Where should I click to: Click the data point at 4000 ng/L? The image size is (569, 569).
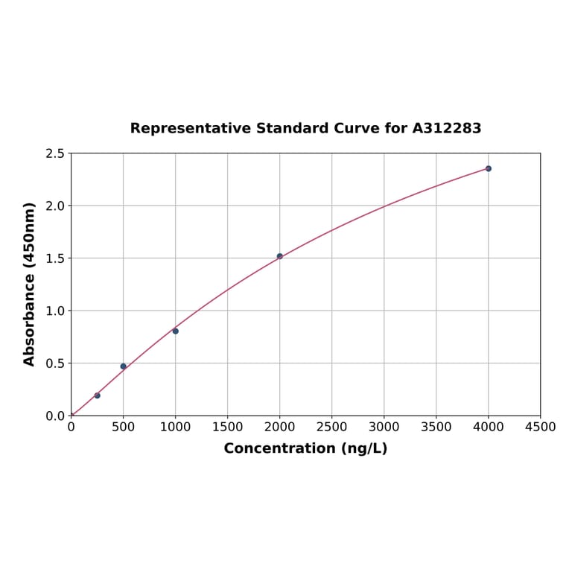(489, 168)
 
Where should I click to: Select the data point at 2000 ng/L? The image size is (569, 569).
(280, 256)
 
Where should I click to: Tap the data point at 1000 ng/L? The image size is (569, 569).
(176, 331)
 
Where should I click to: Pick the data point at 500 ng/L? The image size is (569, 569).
(124, 366)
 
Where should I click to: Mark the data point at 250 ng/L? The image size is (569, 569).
(98, 395)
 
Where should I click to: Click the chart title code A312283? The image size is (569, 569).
(447, 128)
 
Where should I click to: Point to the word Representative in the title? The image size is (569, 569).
(191, 128)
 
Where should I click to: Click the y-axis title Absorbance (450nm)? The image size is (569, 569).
(30, 284)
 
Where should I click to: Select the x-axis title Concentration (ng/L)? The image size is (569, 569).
(305, 448)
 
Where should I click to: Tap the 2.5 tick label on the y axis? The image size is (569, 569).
(55, 153)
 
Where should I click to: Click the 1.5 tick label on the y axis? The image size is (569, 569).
(55, 258)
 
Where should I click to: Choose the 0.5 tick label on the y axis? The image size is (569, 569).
(55, 363)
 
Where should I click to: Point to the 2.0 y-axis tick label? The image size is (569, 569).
(55, 206)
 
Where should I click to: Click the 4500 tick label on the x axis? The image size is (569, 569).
(540, 427)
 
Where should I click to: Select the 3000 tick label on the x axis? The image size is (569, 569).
(384, 427)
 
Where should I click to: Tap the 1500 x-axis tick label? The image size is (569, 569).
(227, 427)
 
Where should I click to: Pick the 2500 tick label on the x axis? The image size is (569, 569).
(331, 427)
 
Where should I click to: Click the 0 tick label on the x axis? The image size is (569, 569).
(71, 427)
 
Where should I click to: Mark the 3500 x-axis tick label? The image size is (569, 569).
(436, 427)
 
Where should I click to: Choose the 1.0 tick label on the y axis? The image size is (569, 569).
(55, 311)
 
